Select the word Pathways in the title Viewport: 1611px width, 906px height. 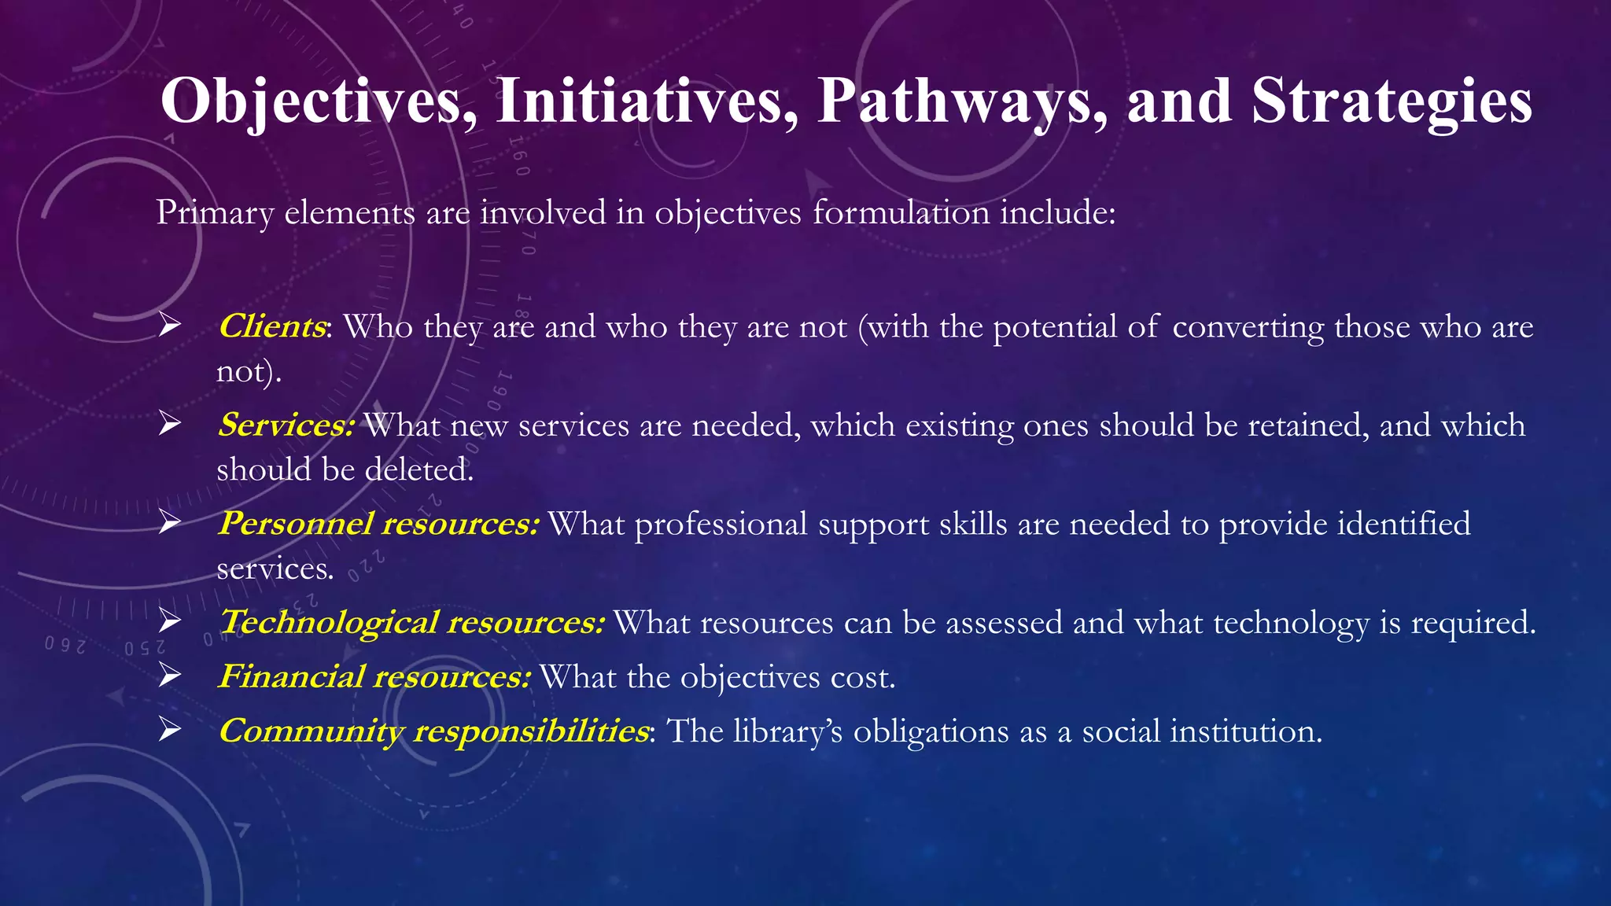(x=962, y=102)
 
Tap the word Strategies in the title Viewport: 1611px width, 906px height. (x=1392, y=102)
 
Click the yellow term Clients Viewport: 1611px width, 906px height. (x=272, y=326)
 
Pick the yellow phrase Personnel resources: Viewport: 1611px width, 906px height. (x=378, y=524)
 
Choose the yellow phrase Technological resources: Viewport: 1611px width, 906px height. (x=411, y=622)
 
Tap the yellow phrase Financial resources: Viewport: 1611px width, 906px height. (x=374, y=676)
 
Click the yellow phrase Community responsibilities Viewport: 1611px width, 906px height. (x=433, y=731)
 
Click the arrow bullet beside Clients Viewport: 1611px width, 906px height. (x=169, y=324)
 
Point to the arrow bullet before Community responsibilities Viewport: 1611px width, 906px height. (x=169, y=729)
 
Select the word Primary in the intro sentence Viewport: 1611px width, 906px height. (x=215, y=213)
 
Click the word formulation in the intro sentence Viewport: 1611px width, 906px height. (x=901, y=212)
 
